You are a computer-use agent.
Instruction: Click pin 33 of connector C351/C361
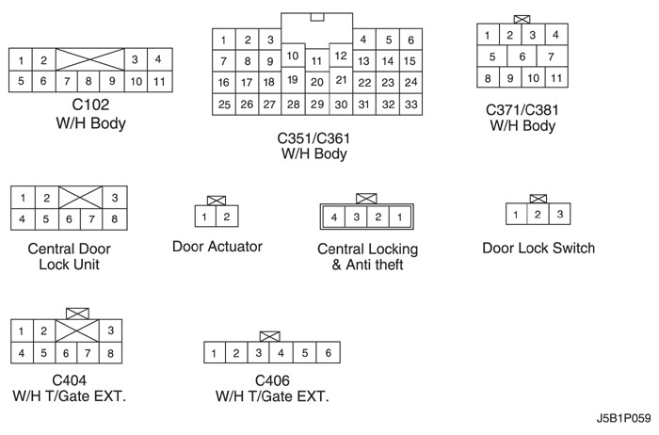pos(411,105)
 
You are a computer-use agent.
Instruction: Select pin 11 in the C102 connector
pos(159,81)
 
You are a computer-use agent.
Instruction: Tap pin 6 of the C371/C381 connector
pos(522,56)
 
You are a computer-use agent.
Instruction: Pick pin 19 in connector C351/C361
pos(293,80)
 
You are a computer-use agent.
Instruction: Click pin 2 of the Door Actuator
pos(227,217)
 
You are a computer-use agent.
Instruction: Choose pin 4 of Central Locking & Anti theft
pos(334,217)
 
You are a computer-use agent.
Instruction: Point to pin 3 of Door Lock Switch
pos(560,215)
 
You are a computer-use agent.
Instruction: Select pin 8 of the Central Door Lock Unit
pos(114,219)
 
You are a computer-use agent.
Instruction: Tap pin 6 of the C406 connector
pos(329,353)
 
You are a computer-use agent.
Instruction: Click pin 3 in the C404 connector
pos(110,330)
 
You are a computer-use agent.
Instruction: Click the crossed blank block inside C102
pos(90,59)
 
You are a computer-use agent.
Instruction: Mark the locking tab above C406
pos(270,336)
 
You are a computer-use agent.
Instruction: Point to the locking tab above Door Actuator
pos(217,201)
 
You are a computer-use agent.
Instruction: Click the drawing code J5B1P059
pos(623,419)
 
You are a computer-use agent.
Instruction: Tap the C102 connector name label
pos(90,105)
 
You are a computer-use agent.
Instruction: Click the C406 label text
pos(272,380)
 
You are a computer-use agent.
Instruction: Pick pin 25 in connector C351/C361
pos(224,105)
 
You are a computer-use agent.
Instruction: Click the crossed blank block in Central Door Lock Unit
pos(80,197)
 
